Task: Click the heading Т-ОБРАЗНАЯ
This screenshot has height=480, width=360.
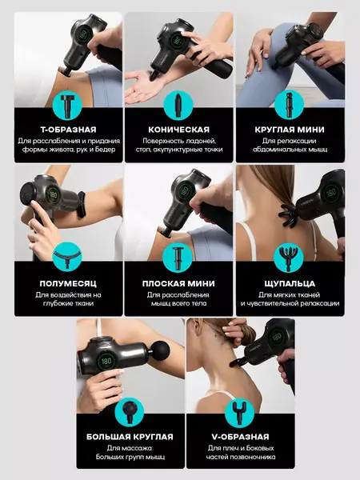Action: click(68, 130)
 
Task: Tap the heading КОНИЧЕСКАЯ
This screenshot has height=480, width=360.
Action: click(178, 130)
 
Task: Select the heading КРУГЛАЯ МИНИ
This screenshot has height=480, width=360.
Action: click(290, 130)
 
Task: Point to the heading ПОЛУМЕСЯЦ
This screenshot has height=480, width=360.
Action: click(68, 283)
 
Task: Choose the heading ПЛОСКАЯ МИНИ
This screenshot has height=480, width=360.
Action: click(178, 283)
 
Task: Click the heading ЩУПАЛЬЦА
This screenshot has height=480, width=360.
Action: click(290, 283)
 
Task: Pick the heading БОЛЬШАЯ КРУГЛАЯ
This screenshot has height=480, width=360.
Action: click(130, 437)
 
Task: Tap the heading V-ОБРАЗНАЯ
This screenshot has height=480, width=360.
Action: click(240, 437)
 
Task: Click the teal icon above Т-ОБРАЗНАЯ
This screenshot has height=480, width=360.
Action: click(67, 106)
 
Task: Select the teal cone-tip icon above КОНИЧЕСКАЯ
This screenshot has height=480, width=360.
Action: click(178, 106)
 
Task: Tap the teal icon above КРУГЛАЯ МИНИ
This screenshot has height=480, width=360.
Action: click(289, 106)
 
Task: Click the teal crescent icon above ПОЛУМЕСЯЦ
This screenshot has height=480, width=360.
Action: click(67, 257)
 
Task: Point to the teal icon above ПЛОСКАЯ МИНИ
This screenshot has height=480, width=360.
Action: click(178, 258)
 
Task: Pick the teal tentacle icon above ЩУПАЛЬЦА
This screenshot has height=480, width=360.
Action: click(288, 258)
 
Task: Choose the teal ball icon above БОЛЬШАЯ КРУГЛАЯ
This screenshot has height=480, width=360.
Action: click(129, 412)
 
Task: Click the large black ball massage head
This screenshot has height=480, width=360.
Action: click(161, 348)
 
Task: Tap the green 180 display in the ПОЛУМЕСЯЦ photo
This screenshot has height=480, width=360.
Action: click(54, 194)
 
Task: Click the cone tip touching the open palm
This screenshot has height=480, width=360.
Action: click(154, 75)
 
